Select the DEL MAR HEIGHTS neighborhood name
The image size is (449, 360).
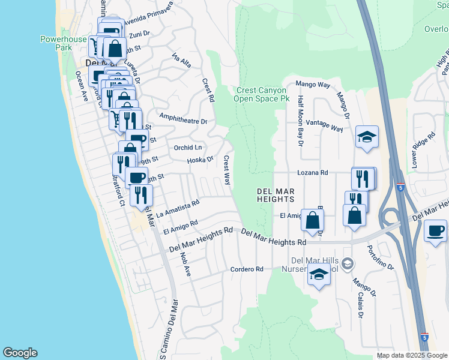276,194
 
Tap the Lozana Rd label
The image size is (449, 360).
313,172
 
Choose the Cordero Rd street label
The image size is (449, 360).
247,269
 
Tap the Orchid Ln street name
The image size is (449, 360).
188,148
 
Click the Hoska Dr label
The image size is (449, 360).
200,160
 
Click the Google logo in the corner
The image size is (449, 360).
20,353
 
